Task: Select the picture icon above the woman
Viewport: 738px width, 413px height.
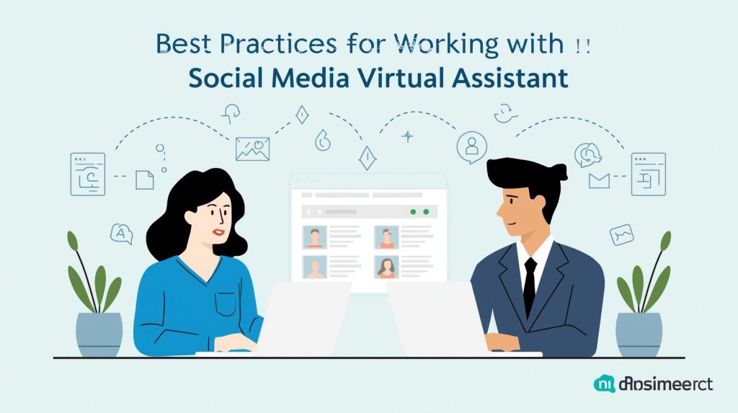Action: (252, 148)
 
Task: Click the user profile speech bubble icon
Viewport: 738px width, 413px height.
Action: (471, 146)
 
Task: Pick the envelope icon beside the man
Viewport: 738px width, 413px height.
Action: (599, 180)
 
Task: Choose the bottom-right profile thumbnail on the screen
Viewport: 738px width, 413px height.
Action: (387, 267)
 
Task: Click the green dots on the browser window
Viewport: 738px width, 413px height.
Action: (419, 212)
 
